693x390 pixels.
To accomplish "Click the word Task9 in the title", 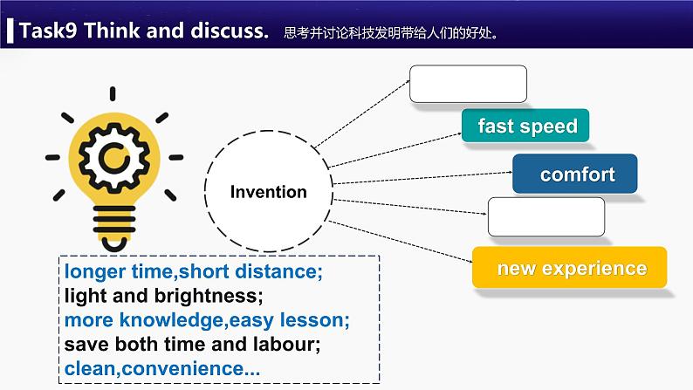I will pyautogui.click(x=47, y=31).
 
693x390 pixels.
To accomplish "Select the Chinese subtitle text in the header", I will pyautogui.click(x=396, y=34).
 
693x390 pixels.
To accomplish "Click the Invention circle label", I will pyautogui.click(x=268, y=192).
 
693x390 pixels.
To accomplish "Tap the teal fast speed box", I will pyautogui.click(x=526, y=126).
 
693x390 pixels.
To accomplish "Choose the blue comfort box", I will pyautogui.click(x=575, y=174).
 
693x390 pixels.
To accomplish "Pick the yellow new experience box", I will pyautogui.click(x=571, y=268).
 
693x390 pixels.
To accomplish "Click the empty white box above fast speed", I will pyautogui.click(x=468, y=84).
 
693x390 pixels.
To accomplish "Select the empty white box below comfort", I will pyautogui.click(x=545, y=217).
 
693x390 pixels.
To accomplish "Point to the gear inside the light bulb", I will pyautogui.click(x=114, y=157).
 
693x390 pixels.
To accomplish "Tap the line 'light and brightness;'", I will pyautogui.click(x=163, y=296).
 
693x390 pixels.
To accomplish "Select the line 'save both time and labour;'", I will pyautogui.click(x=192, y=345).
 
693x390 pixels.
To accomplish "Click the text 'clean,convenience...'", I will pyautogui.click(x=162, y=369).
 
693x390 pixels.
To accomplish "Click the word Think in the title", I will pyautogui.click(x=116, y=31).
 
